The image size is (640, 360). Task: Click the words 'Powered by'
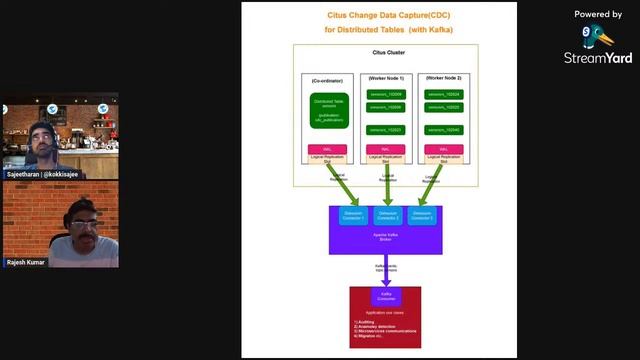point(598,14)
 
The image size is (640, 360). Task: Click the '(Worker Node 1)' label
point(385,78)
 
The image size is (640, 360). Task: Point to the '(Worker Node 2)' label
point(443,78)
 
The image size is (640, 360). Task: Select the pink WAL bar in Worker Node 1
point(385,149)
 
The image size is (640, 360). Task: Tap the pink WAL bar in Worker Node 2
point(443,149)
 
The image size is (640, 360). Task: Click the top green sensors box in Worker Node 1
point(385,94)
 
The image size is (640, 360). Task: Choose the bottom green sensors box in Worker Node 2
point(443,130)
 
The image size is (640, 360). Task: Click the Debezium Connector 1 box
point(354,216)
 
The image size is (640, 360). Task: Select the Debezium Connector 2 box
point(386,216)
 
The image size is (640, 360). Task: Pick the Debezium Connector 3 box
point(421,216)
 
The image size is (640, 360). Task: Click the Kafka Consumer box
point(385,297)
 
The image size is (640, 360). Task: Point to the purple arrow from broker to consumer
point(385,272)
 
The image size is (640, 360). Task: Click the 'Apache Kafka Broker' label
point(385,236)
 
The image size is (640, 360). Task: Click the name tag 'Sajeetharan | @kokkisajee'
point(42,174)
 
